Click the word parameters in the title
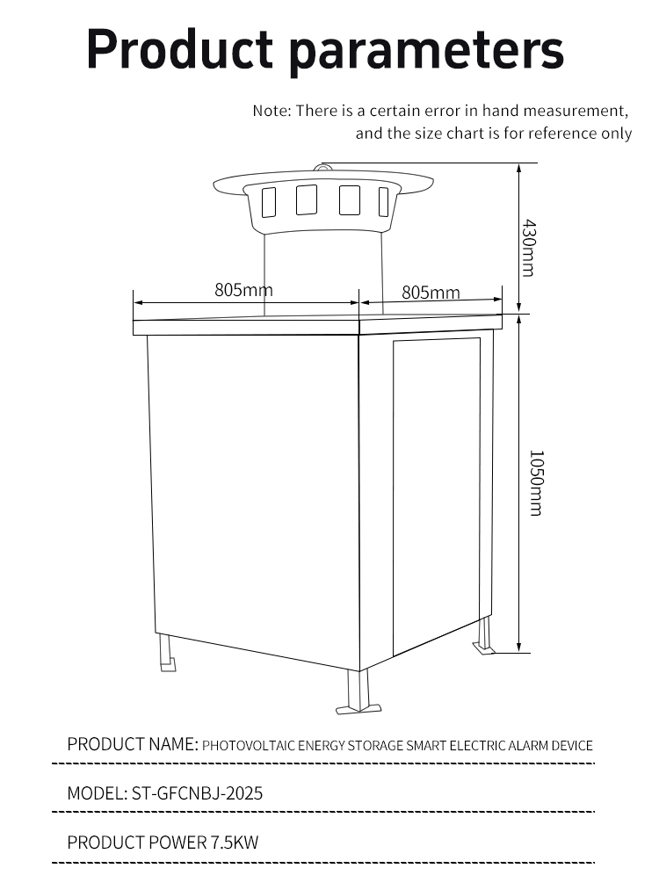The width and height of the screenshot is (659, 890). coord(426,52)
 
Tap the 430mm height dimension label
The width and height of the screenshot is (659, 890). coord(528,248)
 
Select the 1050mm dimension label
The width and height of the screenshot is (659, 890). coord(536,483)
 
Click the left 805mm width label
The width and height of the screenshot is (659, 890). coord(243,289)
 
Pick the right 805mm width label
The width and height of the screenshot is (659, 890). coord(431,293)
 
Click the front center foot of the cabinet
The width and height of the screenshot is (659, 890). coord(358,691)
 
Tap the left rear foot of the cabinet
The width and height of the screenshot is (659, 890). coord(167,653)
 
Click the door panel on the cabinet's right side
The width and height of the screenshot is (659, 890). coord(437,496)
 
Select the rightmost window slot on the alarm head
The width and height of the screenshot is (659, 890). coord(384,201)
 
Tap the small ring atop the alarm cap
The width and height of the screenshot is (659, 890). coord(322,168)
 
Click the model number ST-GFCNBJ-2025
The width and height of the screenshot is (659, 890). coord(197,793)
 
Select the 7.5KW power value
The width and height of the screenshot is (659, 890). coord(235,843)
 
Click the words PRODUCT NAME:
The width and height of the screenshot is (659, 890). coord(133,744)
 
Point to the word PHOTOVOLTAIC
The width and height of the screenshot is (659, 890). coord(249,745)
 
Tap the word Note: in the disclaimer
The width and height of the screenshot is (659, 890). coord(272,111)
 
